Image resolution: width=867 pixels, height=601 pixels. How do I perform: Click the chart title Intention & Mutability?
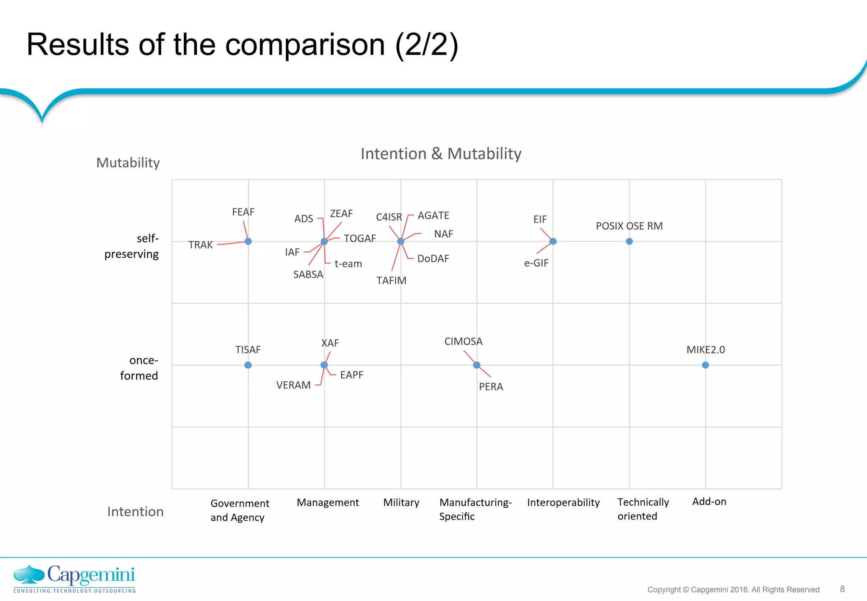coord(441,154)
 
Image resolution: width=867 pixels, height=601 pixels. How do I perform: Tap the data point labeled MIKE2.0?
coord(705,365)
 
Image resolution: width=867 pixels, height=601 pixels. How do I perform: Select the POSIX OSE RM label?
coord(629,226)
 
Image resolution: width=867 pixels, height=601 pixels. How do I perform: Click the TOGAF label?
coord(360,239)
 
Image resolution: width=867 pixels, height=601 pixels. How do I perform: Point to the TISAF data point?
coord(248,365)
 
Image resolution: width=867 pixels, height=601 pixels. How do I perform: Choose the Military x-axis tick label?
coord(401,503)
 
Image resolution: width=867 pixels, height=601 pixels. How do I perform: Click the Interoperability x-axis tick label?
coord(563,503)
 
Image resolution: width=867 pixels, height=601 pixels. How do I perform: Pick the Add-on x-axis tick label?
coord(709,502)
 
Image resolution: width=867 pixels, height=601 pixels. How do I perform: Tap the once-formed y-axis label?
coord(139,368)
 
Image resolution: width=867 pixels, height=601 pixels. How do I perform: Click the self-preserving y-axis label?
coord(132,246)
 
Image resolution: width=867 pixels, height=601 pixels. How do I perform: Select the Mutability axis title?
coord(128,163)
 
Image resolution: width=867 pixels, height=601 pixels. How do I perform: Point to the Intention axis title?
coord(135,512)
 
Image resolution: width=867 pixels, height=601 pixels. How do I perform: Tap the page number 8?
coord(842,589)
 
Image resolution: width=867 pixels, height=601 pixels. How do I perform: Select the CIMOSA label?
coord(463,342)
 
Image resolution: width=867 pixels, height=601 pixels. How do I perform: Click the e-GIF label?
coord(536,263)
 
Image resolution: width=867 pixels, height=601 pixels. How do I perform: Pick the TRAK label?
coord(201,245)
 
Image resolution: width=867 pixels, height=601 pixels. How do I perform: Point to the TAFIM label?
coord(391,281)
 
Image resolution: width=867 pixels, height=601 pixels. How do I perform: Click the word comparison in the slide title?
coord(305,45)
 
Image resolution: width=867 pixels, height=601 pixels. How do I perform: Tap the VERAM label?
coord(293,385)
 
